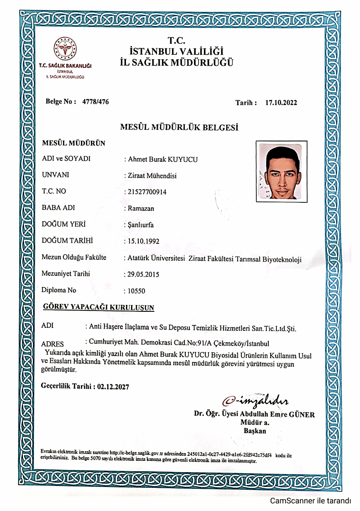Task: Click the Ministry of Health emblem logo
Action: (x=66, y=49)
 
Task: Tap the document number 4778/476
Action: (x=95, y=102)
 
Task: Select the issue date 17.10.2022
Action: (x=281, y=103)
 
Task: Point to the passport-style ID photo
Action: (x=282, y=172)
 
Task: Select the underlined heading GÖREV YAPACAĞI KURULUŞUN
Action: (x=98, y=307)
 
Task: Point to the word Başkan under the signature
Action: (x=255, y=431)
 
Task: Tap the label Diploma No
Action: (x=58, y=290)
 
